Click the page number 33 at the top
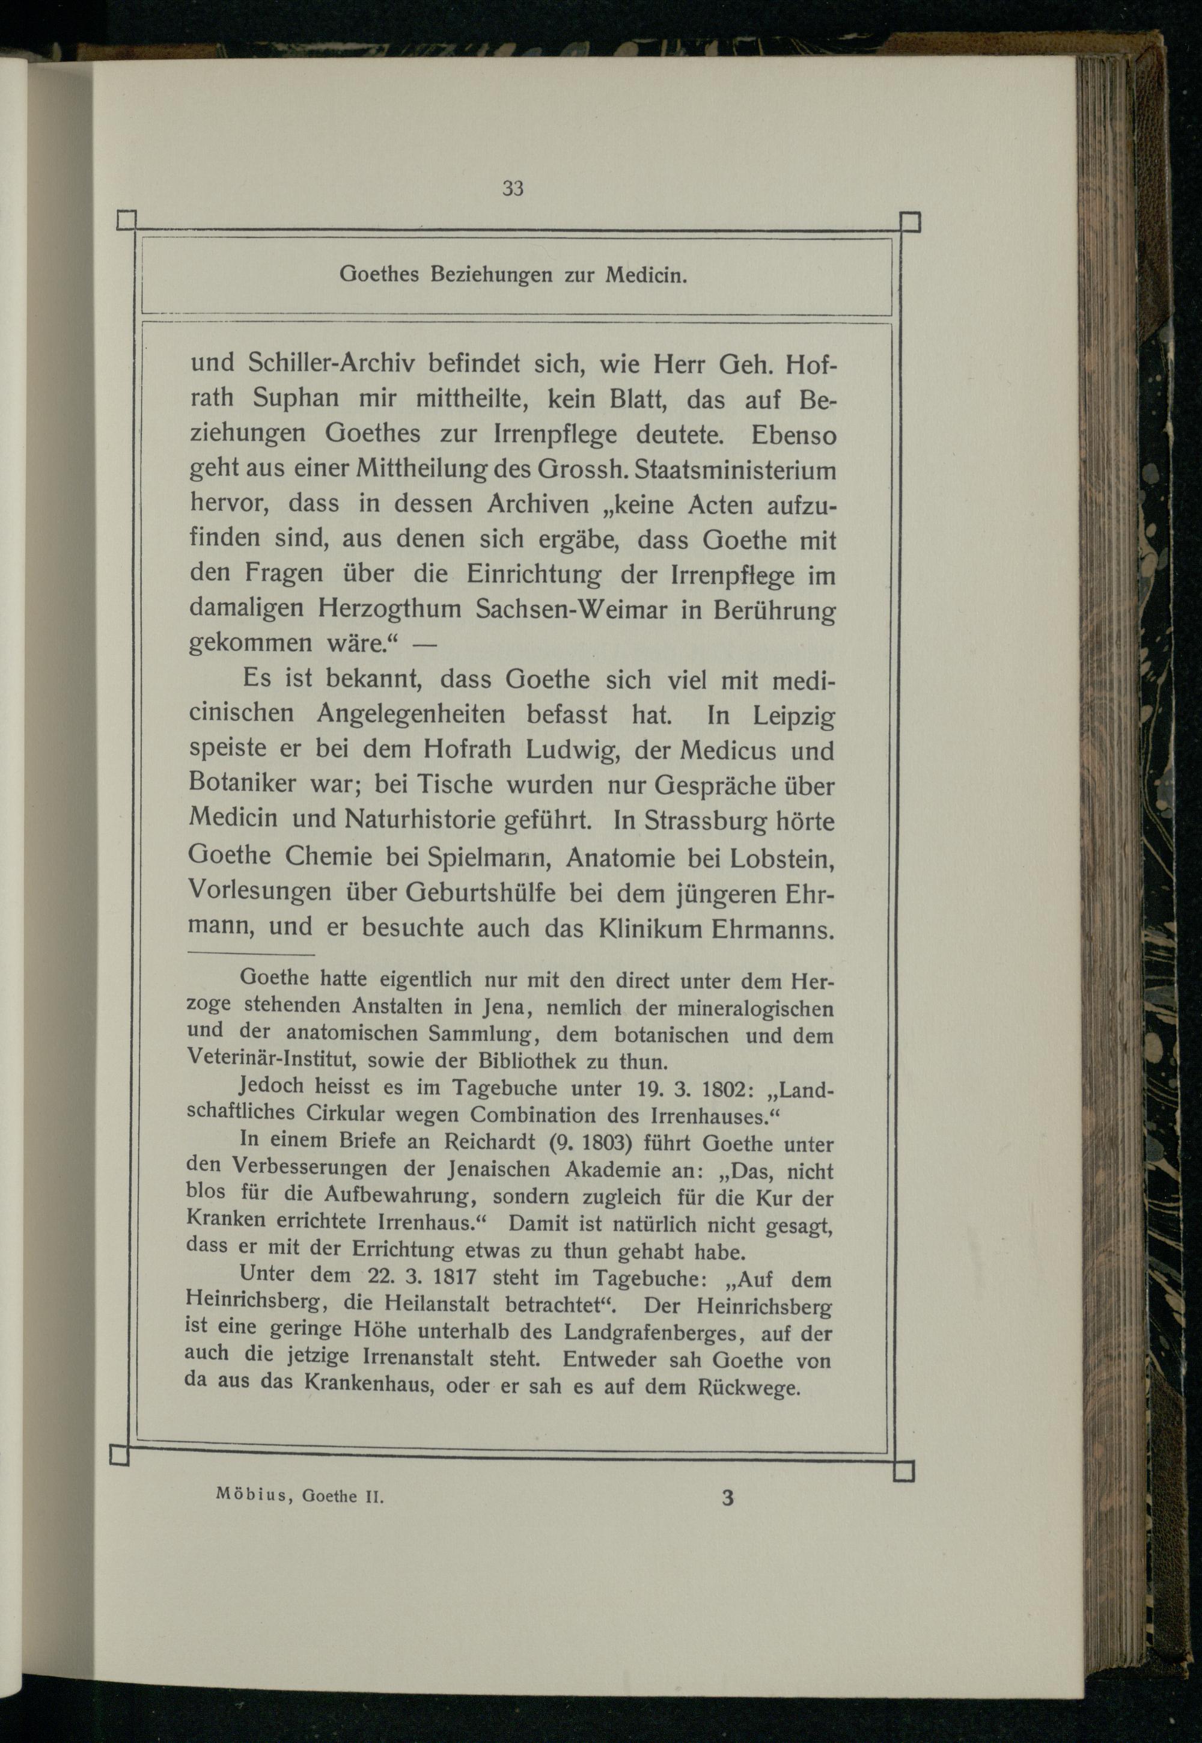[512, 188]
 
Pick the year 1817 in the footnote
[450, 1278]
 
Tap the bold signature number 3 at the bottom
[727, 1534]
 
